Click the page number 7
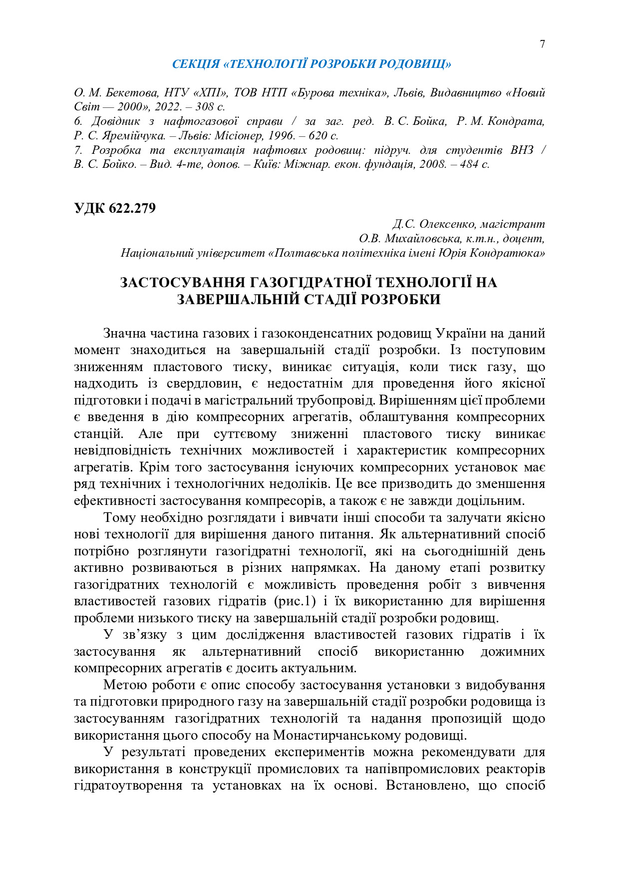542,44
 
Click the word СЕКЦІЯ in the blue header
196,64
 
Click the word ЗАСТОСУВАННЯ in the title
182,283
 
